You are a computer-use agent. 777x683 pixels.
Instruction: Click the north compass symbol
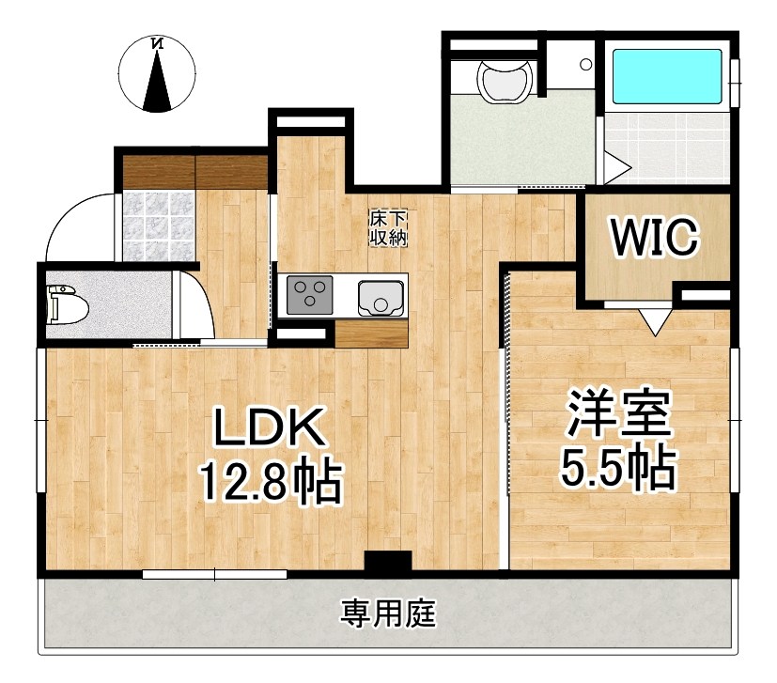[158, 72]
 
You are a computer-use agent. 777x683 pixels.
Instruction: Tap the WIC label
[655, 236]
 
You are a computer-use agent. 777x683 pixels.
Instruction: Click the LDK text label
[270, 431]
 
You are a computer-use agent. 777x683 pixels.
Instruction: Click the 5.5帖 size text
[617, 467]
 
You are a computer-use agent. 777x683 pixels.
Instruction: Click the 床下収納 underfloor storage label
[387, 228]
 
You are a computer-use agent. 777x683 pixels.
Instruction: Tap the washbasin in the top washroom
[505, 81]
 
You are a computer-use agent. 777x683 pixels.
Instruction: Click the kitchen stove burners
[309, 297]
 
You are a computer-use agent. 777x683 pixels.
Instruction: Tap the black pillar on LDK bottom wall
[387, 563]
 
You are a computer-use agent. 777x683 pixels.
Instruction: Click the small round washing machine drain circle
[584, 66]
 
